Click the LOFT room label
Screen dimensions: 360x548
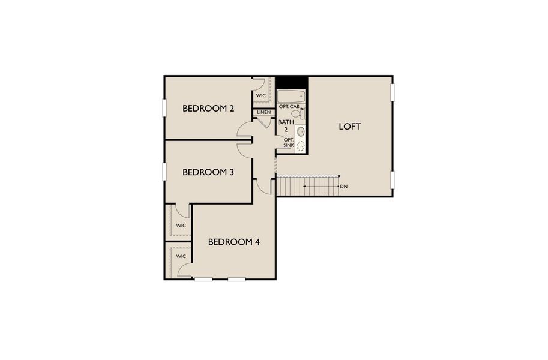pos(349,127)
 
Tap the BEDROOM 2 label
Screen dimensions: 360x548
pos(208,109)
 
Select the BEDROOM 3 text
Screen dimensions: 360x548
pos(208,172)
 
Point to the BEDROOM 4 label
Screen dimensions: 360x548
pos(234,242)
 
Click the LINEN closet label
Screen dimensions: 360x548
pos(263,112)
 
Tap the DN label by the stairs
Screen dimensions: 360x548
pos(343,187)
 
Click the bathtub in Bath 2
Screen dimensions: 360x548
pos(291,96)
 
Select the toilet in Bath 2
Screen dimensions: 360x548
pos(296,113)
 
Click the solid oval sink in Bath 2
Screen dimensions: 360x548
pos(301,131)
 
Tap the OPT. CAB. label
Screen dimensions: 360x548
pos(289,106)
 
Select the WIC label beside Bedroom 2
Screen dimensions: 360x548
pos(262,95)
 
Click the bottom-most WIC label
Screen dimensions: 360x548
pos(181,256)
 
